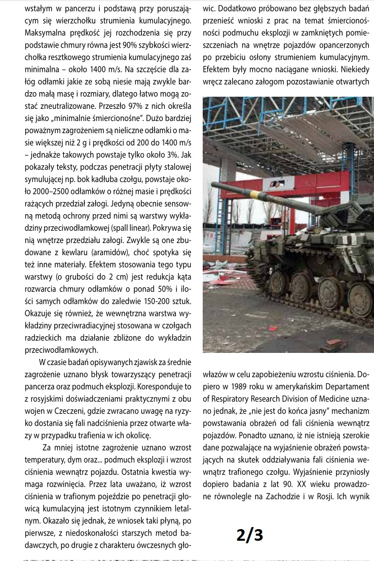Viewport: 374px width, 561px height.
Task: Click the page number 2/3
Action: pyautogui.click(x=250, y=535)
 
